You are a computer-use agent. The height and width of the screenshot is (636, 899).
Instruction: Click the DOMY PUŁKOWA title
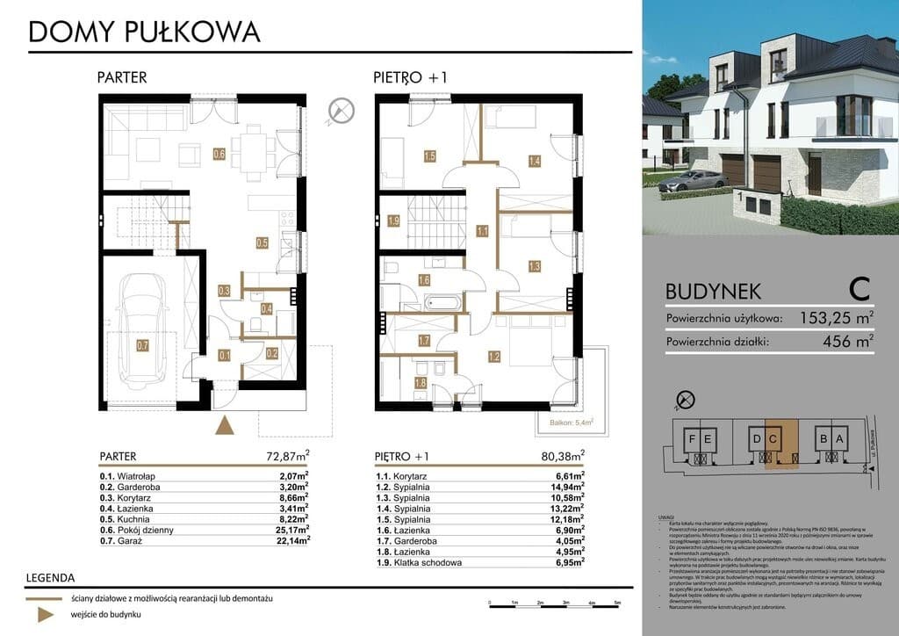point(144,32)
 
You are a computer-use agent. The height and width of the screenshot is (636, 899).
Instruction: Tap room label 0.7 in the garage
point(142,345)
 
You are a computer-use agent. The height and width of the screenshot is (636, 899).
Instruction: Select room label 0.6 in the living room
point(219,155)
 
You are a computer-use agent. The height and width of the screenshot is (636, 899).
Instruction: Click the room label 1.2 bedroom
point(493,357)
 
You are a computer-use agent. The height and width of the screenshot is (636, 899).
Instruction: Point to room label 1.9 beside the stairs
point(394,220)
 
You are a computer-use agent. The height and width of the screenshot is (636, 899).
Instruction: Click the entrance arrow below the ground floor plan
point(226,426)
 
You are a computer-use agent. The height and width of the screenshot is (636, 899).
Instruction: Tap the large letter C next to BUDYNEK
point(859,288)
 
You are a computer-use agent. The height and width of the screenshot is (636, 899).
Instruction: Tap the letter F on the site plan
point(693,438)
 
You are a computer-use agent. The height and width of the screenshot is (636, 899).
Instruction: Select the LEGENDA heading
point(50,578)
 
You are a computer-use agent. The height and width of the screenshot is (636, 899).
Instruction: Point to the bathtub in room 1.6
point(447,302)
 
